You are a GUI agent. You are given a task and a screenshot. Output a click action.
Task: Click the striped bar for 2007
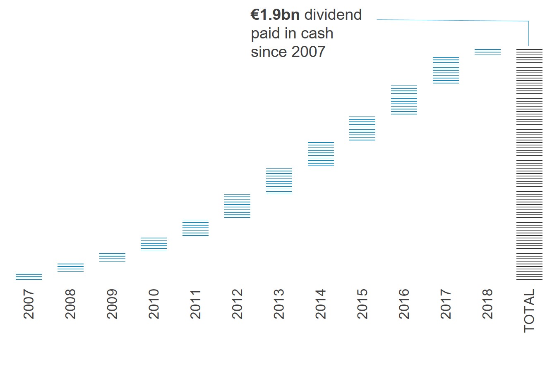tap(29, 276)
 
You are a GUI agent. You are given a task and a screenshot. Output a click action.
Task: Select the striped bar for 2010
tap(154, 244)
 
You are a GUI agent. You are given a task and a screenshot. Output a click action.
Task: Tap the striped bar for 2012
tap(237, 206)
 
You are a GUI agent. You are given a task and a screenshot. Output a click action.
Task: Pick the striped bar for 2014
tap(321, 154)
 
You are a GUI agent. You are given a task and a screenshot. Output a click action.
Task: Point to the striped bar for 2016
tap(404, 100)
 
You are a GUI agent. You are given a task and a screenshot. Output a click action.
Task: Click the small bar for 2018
tap(487, 52)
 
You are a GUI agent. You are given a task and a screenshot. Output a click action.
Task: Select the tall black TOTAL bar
tap(529, 164)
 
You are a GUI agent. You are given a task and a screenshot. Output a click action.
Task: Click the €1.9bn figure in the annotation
tap(275, 15)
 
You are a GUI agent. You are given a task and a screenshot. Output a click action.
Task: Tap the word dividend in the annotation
tap(333, 15)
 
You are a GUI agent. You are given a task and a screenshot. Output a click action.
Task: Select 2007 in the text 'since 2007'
tap(308, 52)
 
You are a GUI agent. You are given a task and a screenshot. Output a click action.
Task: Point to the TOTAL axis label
tap(529, 311)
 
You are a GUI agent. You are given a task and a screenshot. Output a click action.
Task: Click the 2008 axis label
tap(70, 304)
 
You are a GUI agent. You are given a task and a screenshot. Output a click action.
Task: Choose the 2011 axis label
tap(195, 304)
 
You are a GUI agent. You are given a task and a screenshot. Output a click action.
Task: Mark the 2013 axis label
tap(279, 304)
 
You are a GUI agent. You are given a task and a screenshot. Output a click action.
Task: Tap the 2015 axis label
tap(362, 304)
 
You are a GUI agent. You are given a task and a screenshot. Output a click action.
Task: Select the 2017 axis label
tap(446, 304)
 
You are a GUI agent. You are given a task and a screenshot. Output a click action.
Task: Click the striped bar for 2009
tap(112, 257)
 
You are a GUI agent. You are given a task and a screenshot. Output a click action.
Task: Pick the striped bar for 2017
tap(446, 70)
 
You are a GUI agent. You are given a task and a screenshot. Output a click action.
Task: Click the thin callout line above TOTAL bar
tap(451, 20)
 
